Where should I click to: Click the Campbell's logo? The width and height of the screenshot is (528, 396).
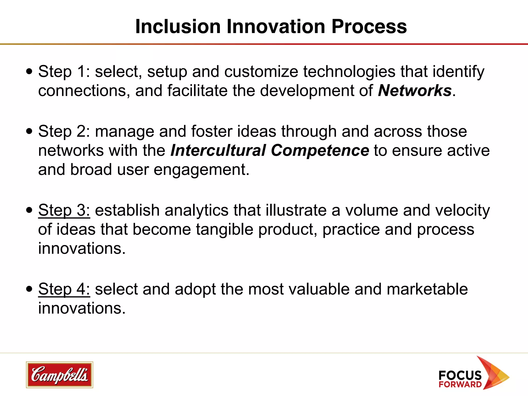59,375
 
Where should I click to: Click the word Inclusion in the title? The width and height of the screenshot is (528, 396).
178,27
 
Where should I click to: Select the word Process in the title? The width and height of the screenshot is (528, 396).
369,27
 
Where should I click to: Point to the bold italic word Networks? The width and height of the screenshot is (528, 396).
415,91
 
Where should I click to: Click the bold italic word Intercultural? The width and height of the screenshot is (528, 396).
218,151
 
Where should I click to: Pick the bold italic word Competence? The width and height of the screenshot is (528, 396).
320,151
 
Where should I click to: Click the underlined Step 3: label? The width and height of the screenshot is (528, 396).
64,210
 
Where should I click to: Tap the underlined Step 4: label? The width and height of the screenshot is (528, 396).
64,289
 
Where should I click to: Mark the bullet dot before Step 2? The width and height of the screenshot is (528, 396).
29,131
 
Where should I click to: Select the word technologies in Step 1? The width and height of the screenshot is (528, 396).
349,72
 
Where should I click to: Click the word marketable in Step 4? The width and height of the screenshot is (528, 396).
427,289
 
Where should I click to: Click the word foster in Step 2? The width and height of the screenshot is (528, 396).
212,131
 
